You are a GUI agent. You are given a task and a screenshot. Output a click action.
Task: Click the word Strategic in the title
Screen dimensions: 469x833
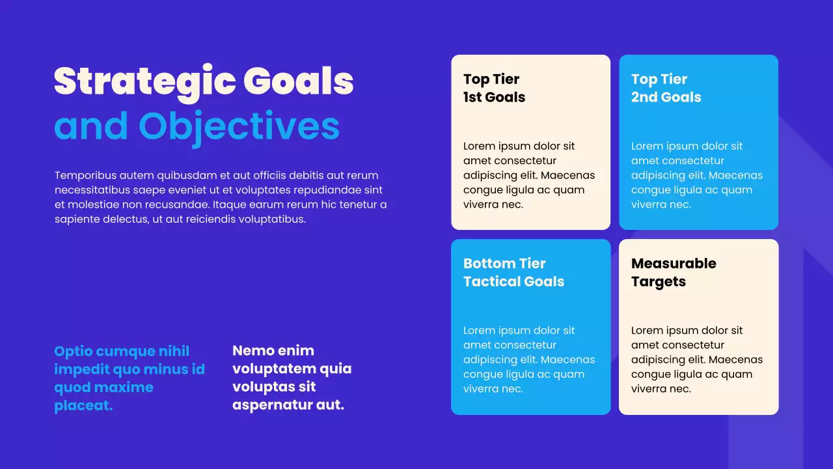144,82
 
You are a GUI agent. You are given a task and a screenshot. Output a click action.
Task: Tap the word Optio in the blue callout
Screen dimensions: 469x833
73,352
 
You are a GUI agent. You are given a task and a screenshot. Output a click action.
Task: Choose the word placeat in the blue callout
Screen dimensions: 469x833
83,406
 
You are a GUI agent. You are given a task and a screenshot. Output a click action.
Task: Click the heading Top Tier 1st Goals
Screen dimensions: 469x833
494,88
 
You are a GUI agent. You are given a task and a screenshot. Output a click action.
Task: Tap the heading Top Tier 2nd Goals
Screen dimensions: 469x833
666,88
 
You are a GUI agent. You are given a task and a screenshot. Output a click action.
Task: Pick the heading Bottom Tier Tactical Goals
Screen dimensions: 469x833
513,272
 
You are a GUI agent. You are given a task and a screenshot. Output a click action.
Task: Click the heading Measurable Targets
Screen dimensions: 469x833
674,272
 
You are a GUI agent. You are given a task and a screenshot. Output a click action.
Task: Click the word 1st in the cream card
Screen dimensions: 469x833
474,98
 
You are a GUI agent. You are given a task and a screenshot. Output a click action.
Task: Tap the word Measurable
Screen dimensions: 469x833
674,264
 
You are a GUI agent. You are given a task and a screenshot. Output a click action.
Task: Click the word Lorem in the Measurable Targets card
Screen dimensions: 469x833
647,330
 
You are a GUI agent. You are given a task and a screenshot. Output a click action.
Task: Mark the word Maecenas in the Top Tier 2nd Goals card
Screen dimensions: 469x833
735,175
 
